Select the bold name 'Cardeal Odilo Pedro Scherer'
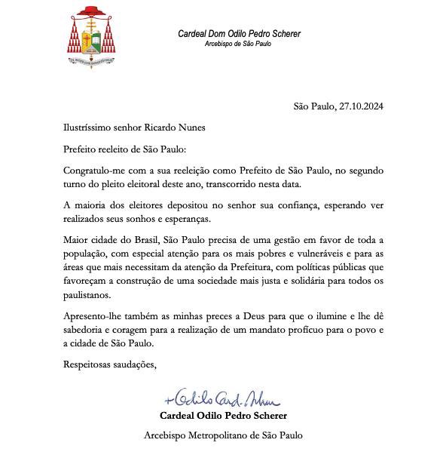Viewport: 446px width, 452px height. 223,415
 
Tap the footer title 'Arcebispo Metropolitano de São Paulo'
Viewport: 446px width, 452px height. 223,435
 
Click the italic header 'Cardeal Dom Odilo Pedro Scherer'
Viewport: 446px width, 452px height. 238,34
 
